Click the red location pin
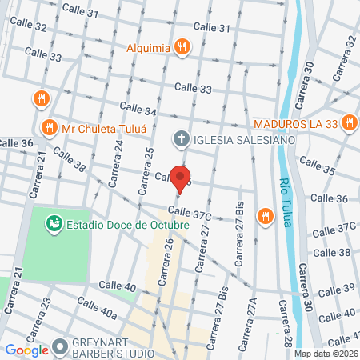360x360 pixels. tap(182, 178)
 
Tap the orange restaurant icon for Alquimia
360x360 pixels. tap(183, 47)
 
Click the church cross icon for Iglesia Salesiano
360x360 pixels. tap(182, 139)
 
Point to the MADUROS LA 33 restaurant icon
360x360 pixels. tap(348, 123)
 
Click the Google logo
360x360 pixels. tap(26, 349)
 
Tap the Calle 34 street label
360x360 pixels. tap(137, 110)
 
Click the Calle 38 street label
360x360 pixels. tap(70, 161)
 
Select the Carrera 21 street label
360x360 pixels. tap(35, 177)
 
